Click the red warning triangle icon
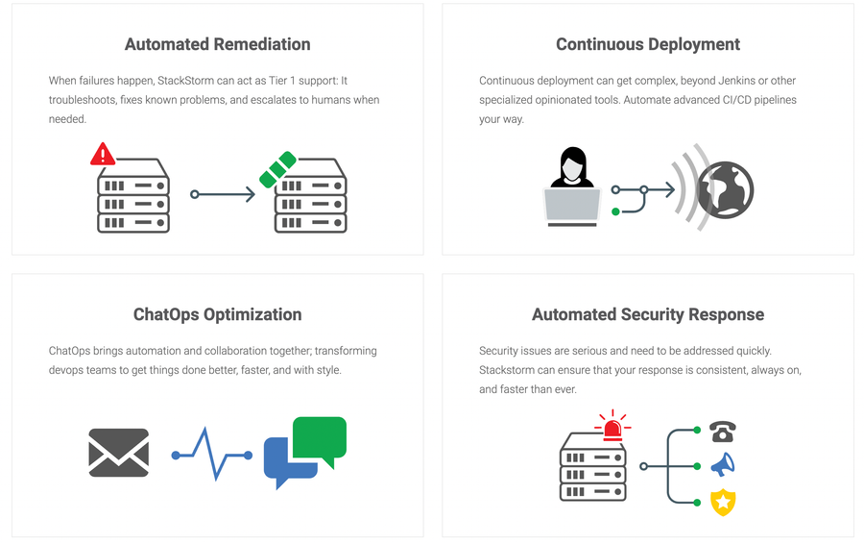(x=103, y=155)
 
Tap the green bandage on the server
(x=277, y=169)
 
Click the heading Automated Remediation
(x=218, y=44)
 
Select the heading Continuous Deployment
(x=648, y=44)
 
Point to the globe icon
(x=725, y=189)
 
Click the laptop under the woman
(x=572, y=207)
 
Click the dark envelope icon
(x=118, y=453)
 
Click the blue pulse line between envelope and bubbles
(x=212, y=455)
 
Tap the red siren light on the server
(x=612, y=426)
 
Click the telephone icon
(x=723, y=432)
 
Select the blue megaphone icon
(x=723, y=465)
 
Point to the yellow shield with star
(x=723, y=502)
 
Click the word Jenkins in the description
(x=736, y=81)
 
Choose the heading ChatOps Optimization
(x=218, y=314)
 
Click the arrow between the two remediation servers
(x=223, y=194)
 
